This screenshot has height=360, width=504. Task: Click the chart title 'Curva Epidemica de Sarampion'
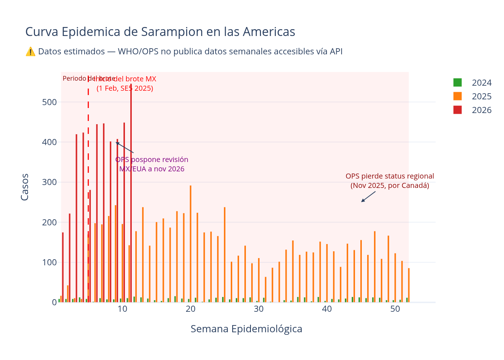(160, 32)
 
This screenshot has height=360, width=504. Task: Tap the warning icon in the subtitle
(31, 51)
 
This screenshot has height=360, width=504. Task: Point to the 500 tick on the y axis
(50, 102)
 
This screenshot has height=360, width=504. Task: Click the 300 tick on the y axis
(50, 183)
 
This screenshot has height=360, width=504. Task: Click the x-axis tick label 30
(258, 309)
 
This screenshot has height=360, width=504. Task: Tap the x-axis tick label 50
(395, 309)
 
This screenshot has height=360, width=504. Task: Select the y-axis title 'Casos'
(25, 187)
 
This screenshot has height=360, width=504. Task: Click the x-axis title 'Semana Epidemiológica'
(246, 329)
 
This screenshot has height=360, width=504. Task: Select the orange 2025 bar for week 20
(190, 245)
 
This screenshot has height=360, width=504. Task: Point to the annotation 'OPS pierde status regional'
(390, 176)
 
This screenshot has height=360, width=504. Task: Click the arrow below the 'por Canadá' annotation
(368, 197)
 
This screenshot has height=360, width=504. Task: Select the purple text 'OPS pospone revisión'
(152, 160)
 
